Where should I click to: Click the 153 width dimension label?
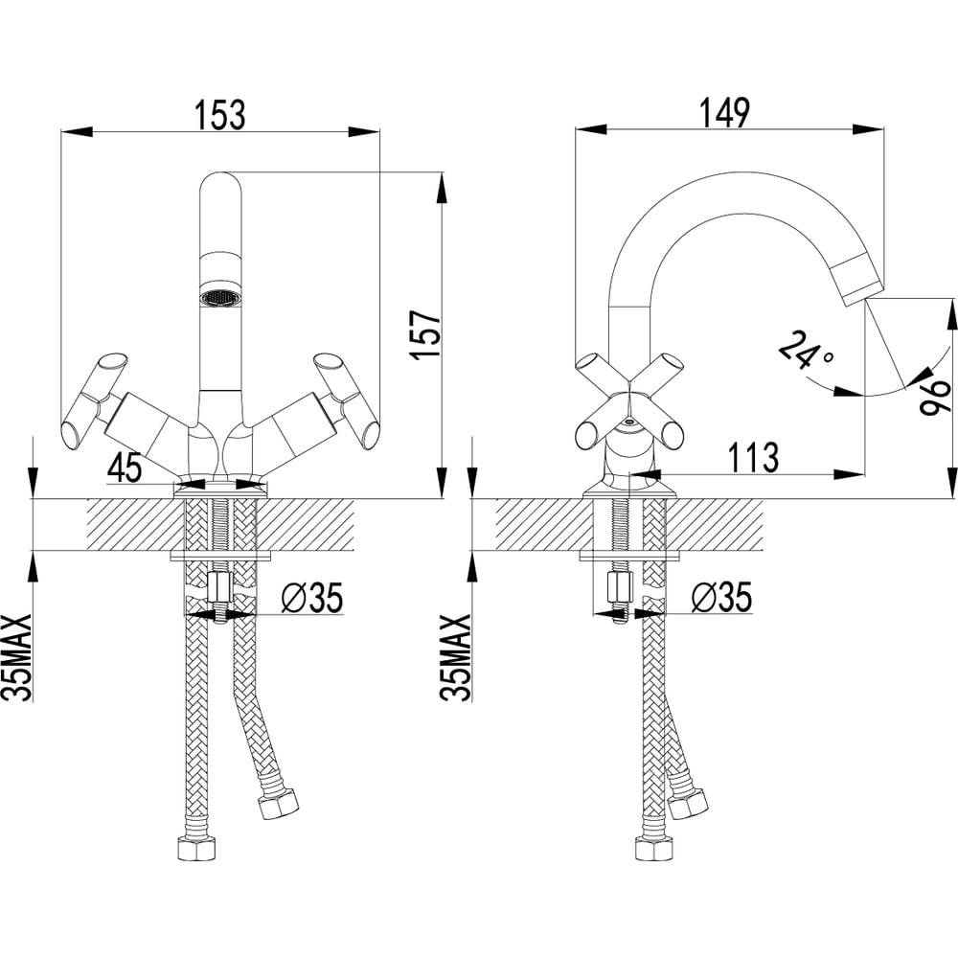click(x=220, y=114)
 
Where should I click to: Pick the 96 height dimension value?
click(x=935, y=396)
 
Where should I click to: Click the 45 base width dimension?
click(x=125, y=468)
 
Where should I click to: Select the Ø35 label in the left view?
click(x=311, y=597)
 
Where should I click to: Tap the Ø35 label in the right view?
click(x=721, y=597)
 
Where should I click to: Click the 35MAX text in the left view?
click(x=16, y=658)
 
